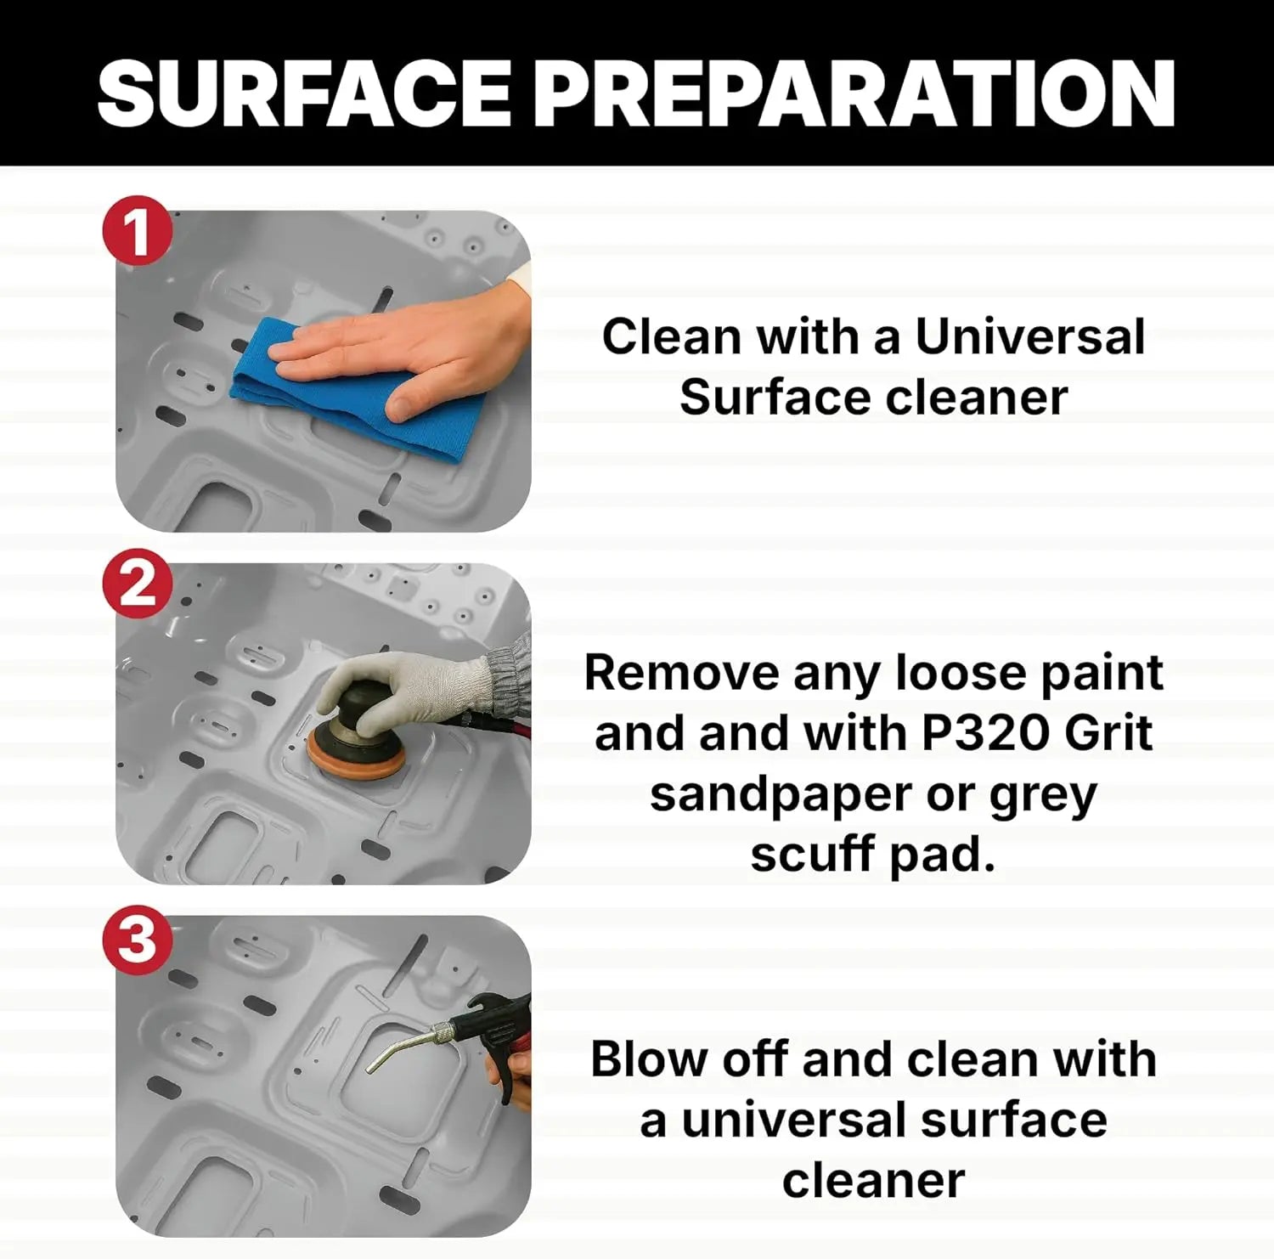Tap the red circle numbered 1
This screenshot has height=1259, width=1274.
(138, 230)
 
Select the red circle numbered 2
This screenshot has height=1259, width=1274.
(138, 584)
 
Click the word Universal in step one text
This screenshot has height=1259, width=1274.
(1029, 336)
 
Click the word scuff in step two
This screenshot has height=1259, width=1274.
(812, 854)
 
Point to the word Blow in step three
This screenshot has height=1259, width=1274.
(649, 1059)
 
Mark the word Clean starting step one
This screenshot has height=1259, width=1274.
(671, 336)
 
